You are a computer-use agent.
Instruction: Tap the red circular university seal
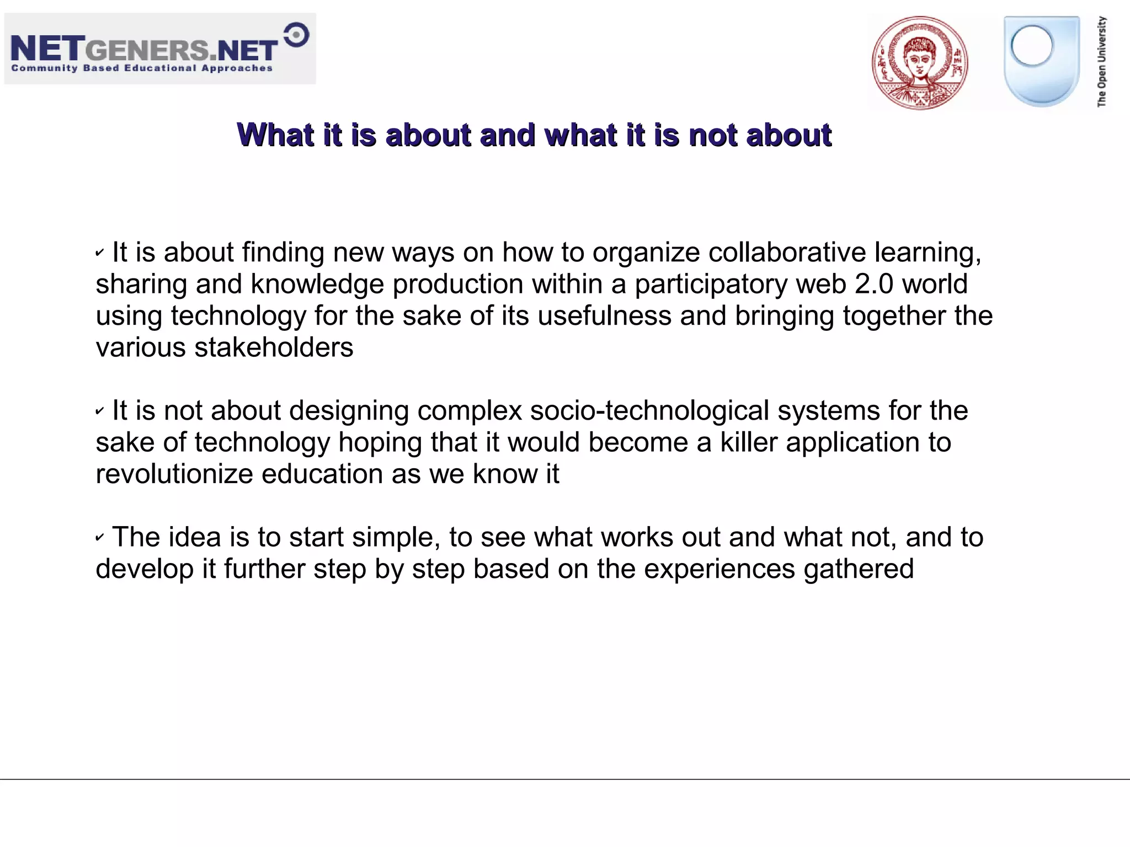[920, 62]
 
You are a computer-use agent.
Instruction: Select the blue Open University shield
[1041, 61]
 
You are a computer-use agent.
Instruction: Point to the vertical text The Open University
[1102, 61]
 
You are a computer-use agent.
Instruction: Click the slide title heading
[534, 135]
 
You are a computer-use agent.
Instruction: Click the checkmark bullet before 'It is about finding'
[100, 253]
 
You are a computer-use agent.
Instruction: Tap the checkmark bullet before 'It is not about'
[100, 411]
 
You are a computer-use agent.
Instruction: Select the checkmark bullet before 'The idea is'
[100, 537]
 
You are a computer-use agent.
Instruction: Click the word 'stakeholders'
[274, 347]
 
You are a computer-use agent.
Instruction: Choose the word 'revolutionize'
[174, 474]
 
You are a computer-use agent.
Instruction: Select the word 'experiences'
[719, 569]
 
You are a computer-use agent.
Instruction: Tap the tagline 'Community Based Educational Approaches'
[142, 68]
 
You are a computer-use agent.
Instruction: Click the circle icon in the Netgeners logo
[297, 35]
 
